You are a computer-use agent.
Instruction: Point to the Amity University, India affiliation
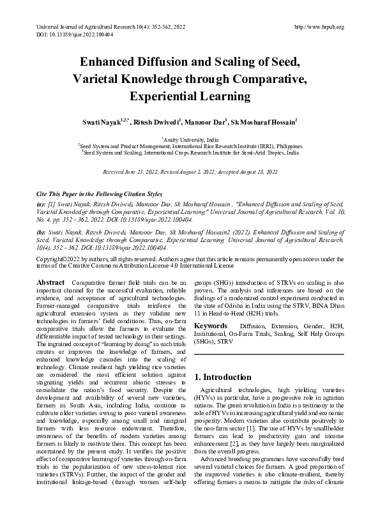[x=190, y=139]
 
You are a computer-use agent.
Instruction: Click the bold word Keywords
[x=211, y=326]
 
